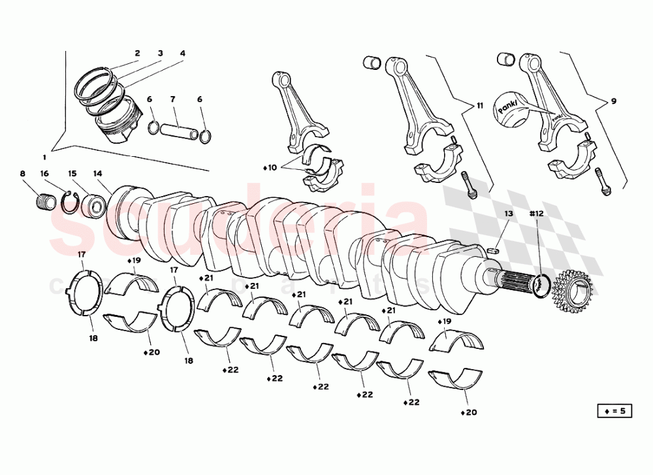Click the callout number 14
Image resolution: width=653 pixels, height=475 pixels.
pyautogui.click(x=98, y=174)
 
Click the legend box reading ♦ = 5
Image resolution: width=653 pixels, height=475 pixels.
pyautogui.click(x=614, y=411)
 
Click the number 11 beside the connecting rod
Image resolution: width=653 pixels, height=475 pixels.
pyautogui.click(x=480, y=105)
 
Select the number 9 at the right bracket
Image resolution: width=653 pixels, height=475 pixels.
pyautogui.click(x=613, y=101)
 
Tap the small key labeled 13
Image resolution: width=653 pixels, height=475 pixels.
pyautogui.click(x=495, y=249)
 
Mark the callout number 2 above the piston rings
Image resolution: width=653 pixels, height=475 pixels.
pyautogui.click(x=137, y=53)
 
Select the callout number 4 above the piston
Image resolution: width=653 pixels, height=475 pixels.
pyautogui.click(x=182, y=53)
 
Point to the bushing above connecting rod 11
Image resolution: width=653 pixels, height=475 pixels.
pyautogui.click(x=372, y=63)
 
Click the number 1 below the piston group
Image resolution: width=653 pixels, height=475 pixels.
pyautogui.click(x=44, y=157)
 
